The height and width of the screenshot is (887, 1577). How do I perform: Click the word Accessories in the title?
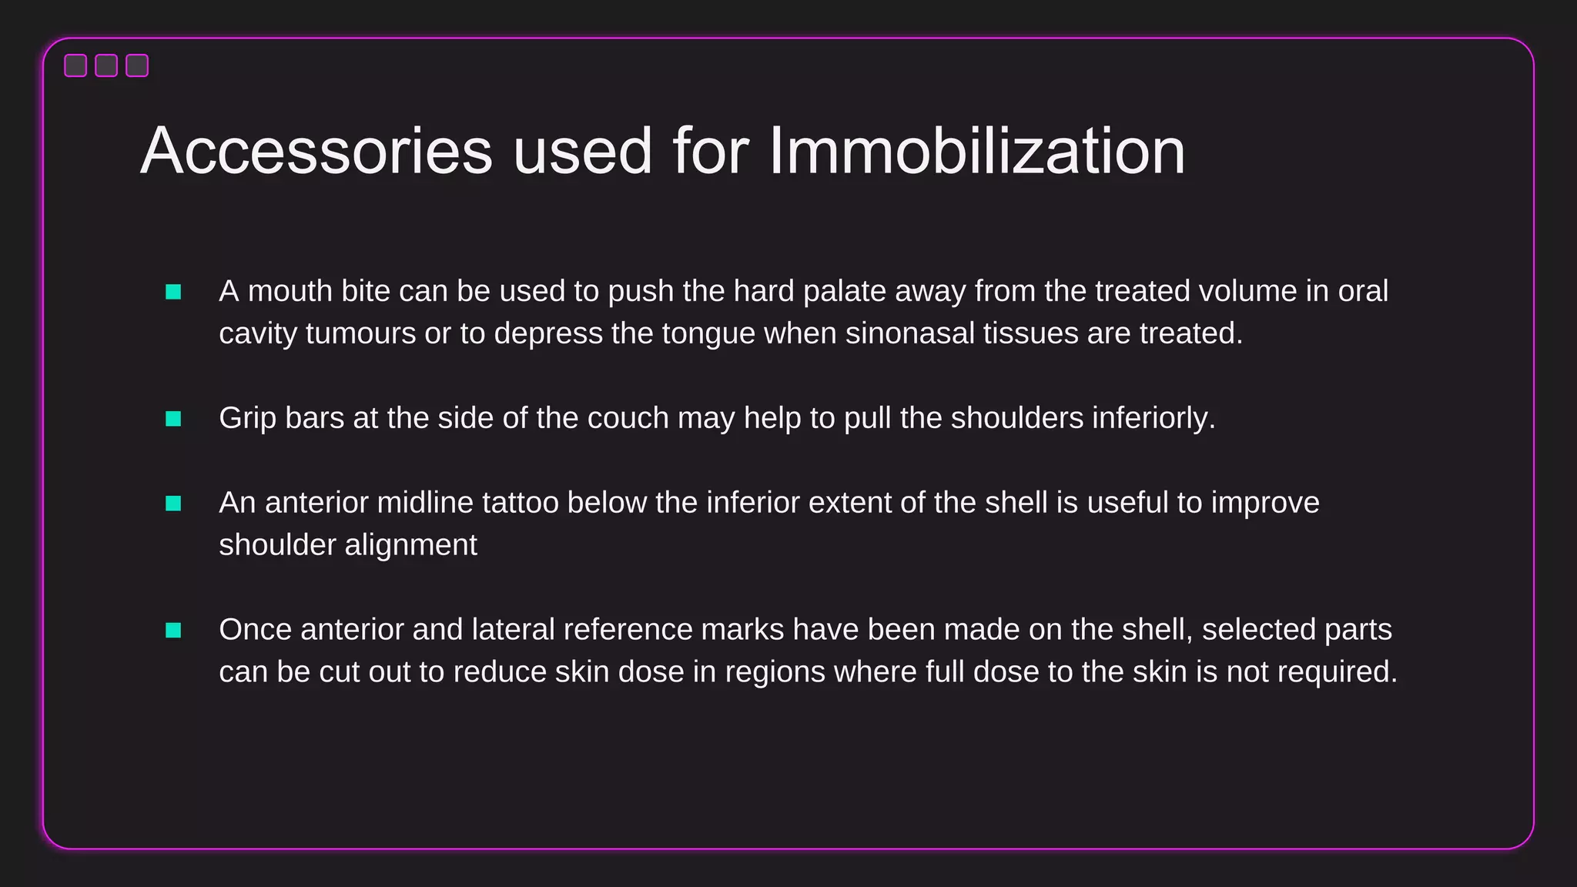316,151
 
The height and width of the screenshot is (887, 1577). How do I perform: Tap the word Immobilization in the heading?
976,151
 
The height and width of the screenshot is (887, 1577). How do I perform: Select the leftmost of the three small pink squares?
75,65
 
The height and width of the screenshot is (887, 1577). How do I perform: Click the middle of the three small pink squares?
106,65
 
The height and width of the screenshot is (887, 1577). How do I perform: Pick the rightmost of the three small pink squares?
137,65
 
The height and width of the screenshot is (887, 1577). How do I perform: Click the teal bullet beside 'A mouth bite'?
173,292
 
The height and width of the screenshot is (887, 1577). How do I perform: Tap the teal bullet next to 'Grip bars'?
173,419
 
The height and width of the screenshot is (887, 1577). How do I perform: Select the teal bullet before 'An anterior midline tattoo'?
173,504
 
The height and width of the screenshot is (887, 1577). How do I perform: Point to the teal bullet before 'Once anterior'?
173,631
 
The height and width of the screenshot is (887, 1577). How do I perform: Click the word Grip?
247,419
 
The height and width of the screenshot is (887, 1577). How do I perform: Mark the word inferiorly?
1153,419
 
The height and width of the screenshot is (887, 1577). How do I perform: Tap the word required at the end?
1338,673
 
